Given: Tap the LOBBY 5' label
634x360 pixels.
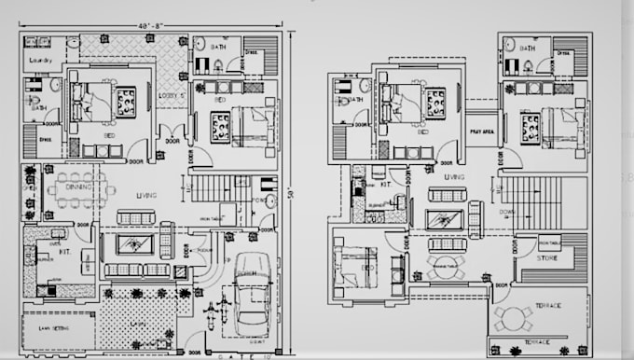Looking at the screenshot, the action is click(175, 96).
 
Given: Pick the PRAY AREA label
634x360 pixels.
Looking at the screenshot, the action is click(481, 132).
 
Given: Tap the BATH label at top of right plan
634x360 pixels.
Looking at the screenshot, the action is click(527, 48).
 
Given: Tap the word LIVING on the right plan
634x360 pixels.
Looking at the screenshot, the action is click(454, 175).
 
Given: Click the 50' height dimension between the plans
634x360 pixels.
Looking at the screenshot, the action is click(292, 193).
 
